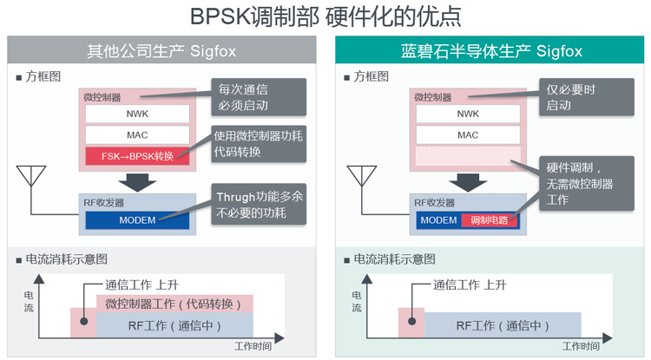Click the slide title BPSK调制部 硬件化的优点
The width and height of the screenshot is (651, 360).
click(325, 16)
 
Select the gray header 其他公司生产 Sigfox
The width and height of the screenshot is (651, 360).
click(161, 51)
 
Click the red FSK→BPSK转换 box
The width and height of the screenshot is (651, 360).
click(137, 156)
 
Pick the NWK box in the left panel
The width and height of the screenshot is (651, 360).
click(137, 114)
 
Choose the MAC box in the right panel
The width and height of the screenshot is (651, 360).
click(467, 135)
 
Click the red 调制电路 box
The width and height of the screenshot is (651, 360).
click(490, 220)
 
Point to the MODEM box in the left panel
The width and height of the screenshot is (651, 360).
click(137, 220)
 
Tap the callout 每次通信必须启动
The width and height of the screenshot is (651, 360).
click(257, 97)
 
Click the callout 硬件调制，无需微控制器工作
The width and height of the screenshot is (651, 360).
click(580, 183)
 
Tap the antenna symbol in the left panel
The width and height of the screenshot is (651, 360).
click(32, 177)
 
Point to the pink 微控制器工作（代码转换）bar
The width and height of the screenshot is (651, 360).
click(174, 304)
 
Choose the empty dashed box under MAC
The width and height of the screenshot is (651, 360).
click(467, 156)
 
